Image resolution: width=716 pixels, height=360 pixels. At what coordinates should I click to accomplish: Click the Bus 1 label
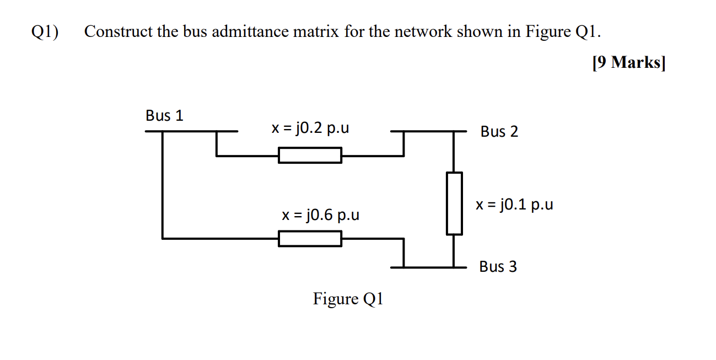(x=164, y=116)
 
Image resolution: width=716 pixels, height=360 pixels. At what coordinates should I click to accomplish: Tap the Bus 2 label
(x=499, y=132)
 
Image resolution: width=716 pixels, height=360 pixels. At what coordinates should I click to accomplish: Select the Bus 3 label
(x=498, y=267)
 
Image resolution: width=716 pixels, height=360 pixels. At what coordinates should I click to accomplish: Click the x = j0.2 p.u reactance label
(x=310, y=128)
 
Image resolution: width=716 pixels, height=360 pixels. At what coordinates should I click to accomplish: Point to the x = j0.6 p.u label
(x=320, y=214)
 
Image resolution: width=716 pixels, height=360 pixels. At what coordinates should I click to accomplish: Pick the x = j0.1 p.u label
(x=514, y=205)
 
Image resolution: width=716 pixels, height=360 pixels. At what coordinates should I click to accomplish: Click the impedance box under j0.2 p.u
(x=310, y=155)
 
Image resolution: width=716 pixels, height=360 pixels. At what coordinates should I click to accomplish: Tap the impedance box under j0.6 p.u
(x=310, y=239)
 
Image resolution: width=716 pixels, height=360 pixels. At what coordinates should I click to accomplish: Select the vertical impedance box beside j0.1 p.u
(x=454, y=203)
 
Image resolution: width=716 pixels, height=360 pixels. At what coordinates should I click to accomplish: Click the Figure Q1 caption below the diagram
(x=348, y=299)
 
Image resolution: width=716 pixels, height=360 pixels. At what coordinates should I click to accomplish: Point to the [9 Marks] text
(x=628, y=63)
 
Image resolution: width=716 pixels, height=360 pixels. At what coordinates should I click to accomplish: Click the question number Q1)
(x=45, y=32)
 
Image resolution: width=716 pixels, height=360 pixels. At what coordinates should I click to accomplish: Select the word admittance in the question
(x=247, y=32)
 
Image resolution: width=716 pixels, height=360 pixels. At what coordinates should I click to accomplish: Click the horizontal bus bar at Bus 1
(x=191, y=132)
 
